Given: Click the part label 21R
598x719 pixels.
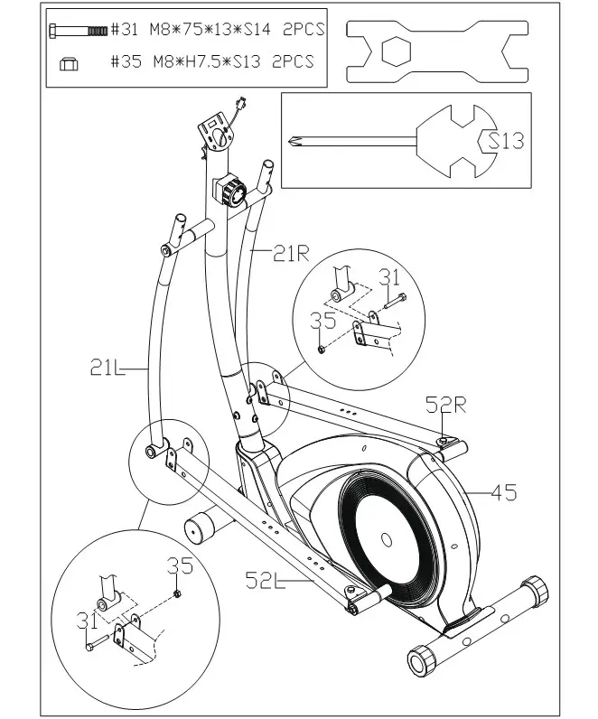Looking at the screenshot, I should point(292,255).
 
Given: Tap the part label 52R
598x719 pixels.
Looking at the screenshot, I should point(446,403).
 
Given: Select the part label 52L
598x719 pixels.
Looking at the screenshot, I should point(266,579).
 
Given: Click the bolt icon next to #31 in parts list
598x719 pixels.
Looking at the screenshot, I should point(79,30).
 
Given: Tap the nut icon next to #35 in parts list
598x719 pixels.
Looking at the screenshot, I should point(70,62).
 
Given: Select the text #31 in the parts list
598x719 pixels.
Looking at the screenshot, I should point(125,30).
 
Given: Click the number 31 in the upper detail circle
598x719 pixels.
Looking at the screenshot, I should point(388,277).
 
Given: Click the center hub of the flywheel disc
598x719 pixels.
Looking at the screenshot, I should point(386,540).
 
